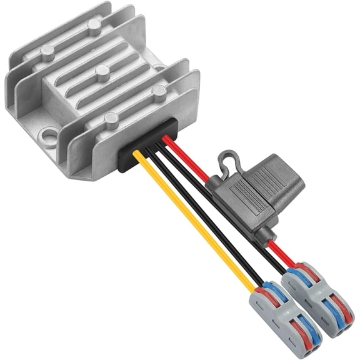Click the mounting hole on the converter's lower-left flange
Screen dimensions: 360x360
point(46,134)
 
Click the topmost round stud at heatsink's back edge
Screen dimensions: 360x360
point(94,25)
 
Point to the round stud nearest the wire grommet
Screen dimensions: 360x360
point(112,117)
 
